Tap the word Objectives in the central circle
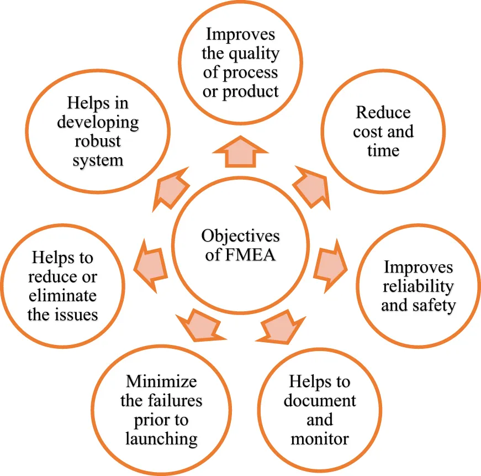point(240,236)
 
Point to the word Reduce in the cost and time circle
point(383,112)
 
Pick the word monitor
point(320,439)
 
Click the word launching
point(161,439)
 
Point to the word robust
point(97,141)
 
